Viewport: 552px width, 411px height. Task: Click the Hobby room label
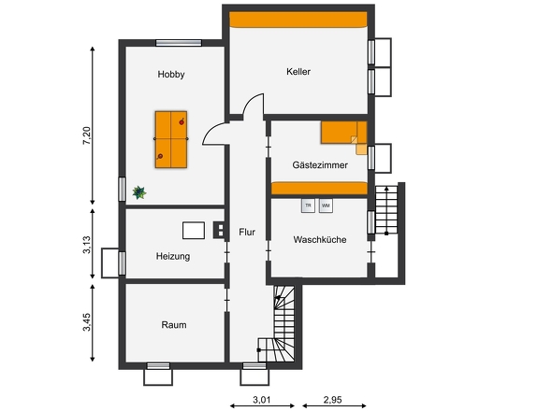pos(171,74)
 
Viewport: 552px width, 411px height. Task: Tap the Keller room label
pos(298,71)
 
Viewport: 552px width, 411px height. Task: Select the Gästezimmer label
pos(320,164)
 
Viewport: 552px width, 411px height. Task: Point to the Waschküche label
pos(320,239)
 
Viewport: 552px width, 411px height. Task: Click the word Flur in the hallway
pos(247,232)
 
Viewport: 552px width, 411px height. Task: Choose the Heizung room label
pos(173,255)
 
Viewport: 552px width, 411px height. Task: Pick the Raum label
pos(173,325)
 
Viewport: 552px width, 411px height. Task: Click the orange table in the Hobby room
pos(171,137)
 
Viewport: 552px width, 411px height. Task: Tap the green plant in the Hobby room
pos(139,191)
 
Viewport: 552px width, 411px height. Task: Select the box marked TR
pos(307,205)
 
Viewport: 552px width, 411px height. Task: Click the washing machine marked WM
pos(326,205)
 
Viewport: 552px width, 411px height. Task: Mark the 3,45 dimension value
pos(87,324)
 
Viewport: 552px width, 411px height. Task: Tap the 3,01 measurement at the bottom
pos(263,401)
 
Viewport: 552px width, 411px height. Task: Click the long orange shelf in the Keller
pos(298,20)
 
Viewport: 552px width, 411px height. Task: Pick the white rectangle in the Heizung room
pos(194,230)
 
